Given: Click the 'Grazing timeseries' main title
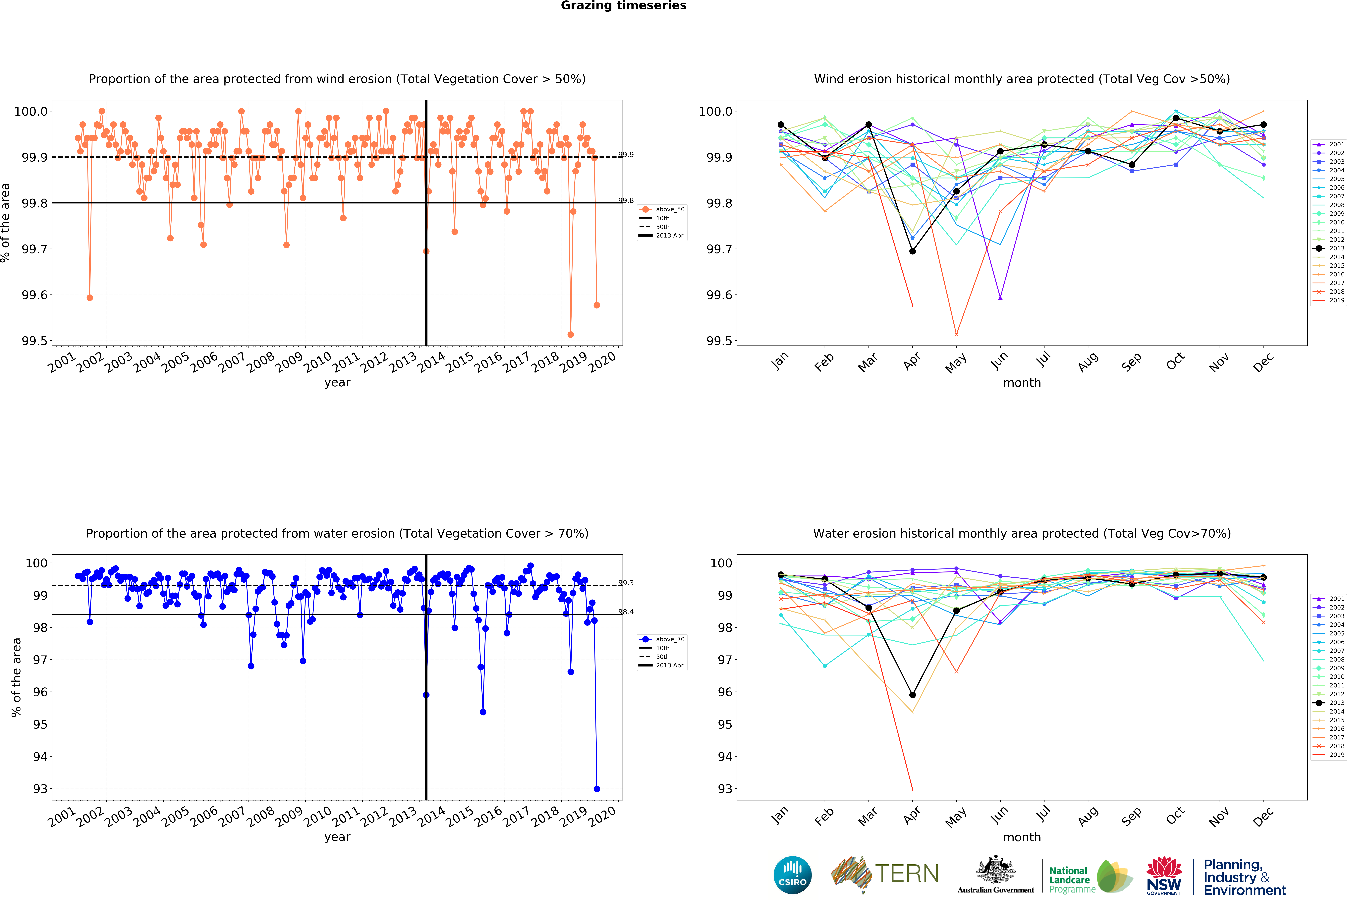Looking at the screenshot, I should tap(624, 6).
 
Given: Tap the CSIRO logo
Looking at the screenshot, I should tap(792, 875).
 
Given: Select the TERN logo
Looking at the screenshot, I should tap(885, 874).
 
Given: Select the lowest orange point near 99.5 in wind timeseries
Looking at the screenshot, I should tap(571, 334).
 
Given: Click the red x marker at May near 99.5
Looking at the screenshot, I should tap(956, 334).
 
